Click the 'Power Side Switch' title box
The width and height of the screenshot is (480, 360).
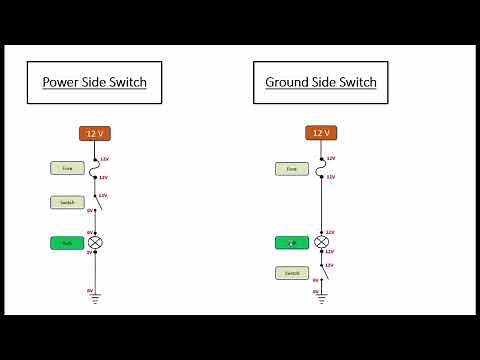pos(94,82)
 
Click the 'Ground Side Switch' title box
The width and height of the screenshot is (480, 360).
pos(320,82)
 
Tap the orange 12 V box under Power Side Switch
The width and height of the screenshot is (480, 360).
pos(95,133)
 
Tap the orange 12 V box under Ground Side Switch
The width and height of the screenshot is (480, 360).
pos(321,133)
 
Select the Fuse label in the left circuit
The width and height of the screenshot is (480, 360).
pos(67,169)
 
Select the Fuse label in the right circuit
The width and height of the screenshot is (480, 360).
pos(292,169)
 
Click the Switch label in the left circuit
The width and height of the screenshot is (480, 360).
pos(67,202)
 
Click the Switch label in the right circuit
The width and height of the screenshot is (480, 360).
pos(292,272)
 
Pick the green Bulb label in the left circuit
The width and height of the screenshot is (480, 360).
pos(67,242)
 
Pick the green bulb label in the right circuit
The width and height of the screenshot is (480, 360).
pos(292,242)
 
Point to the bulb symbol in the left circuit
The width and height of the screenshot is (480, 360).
pos(96,242)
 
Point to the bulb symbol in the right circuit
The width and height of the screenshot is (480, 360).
pos(321,242)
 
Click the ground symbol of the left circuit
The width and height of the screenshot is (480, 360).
pos(96,297)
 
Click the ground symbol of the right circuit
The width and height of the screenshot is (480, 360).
pos(321,297)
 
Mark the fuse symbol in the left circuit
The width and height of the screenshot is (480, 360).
pos(96,169)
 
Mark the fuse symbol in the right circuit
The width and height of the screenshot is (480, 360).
pos(321,169)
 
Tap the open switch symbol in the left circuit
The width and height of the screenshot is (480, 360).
pos(97,203)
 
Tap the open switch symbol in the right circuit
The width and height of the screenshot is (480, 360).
pos(323,271)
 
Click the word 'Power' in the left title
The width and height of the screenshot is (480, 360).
pos(61,82)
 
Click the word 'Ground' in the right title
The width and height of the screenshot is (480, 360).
pos(288,82)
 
